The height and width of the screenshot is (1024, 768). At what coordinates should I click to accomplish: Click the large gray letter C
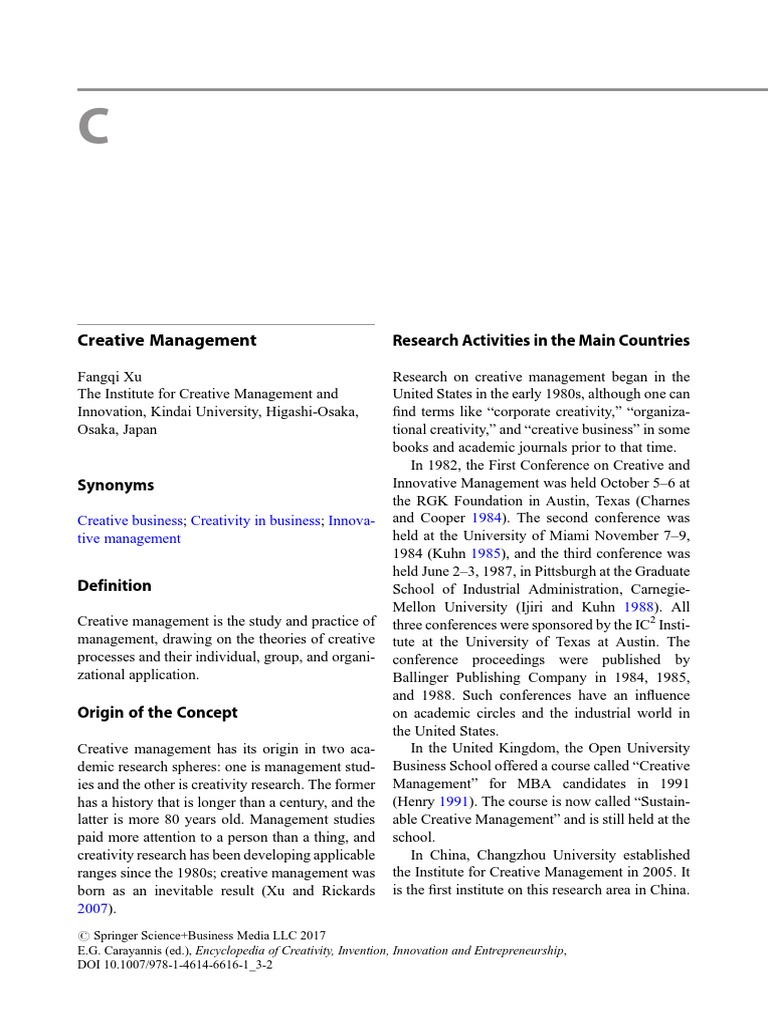(x=93, y=127)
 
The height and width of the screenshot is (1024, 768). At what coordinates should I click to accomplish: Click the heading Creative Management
(x=167, y=340)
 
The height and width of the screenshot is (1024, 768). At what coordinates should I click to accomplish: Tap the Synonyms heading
(x=116, y=485)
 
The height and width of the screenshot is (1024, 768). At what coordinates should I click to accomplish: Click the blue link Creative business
(x=131, y=521)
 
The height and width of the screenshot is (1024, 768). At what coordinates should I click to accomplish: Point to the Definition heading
(x=115, y=586)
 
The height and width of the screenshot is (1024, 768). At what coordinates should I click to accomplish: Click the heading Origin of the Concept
(x=158, y=713)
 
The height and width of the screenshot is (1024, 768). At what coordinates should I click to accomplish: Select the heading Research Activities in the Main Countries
(x=541, y=340)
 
